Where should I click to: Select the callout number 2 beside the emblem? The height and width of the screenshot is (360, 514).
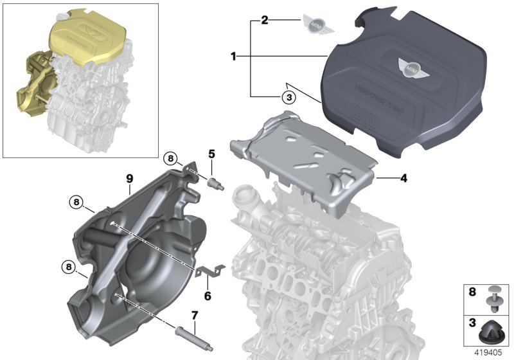(263, 21)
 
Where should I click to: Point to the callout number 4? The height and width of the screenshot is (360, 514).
(403, 177)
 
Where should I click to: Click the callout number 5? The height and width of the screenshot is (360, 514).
(212, 154)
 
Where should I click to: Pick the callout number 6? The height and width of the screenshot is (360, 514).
(208, 296)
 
